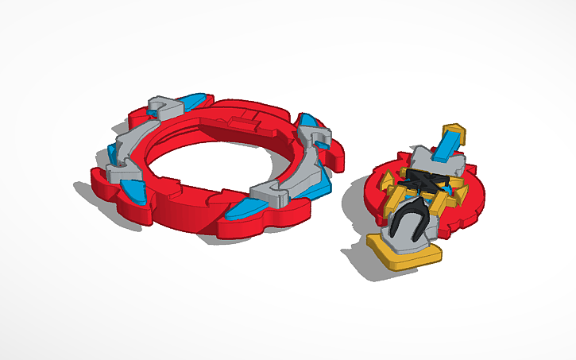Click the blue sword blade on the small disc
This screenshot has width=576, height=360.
[446, 145]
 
